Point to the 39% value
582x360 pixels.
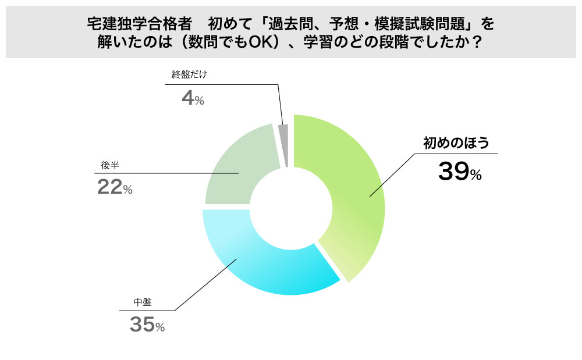[459, 172]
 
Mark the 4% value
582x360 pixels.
[193, 98]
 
